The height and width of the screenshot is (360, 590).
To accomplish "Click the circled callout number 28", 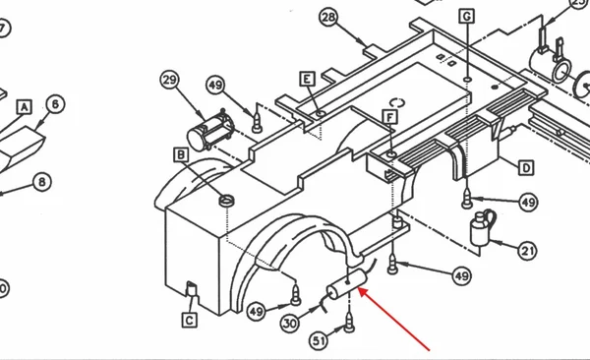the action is pos(328,18).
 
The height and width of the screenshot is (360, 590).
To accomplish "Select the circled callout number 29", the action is pos(170,80).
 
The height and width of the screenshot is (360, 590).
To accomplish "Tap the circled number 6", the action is pos(55,104).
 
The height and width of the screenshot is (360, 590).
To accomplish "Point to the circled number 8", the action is pos(42,182).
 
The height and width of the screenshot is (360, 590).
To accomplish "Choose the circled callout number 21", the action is pos(527,251).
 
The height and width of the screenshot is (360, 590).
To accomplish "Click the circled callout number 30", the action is pos(290,324).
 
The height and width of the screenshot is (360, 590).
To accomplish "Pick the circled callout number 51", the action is pos(319,341).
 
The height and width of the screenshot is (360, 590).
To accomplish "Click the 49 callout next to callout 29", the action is pos(215,86).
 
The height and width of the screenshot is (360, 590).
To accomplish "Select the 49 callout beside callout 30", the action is pos(257,312).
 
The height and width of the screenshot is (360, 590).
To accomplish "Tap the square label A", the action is pos(24,107).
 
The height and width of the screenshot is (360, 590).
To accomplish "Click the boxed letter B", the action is pos(181,154).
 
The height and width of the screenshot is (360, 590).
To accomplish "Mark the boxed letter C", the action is pos(190,320).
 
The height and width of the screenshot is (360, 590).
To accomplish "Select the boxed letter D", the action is pos(526,168).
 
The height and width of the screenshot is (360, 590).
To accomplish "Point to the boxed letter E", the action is pos(308,79).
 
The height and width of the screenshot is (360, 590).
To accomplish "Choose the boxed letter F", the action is pos(389,117).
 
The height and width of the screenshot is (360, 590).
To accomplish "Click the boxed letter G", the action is pos(466,16).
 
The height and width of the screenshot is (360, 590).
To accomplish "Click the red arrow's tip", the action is pos(359,288).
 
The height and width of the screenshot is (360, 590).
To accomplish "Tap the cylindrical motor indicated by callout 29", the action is pos(210,130).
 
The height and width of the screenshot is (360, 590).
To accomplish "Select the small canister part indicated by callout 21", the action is pos(482,228).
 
